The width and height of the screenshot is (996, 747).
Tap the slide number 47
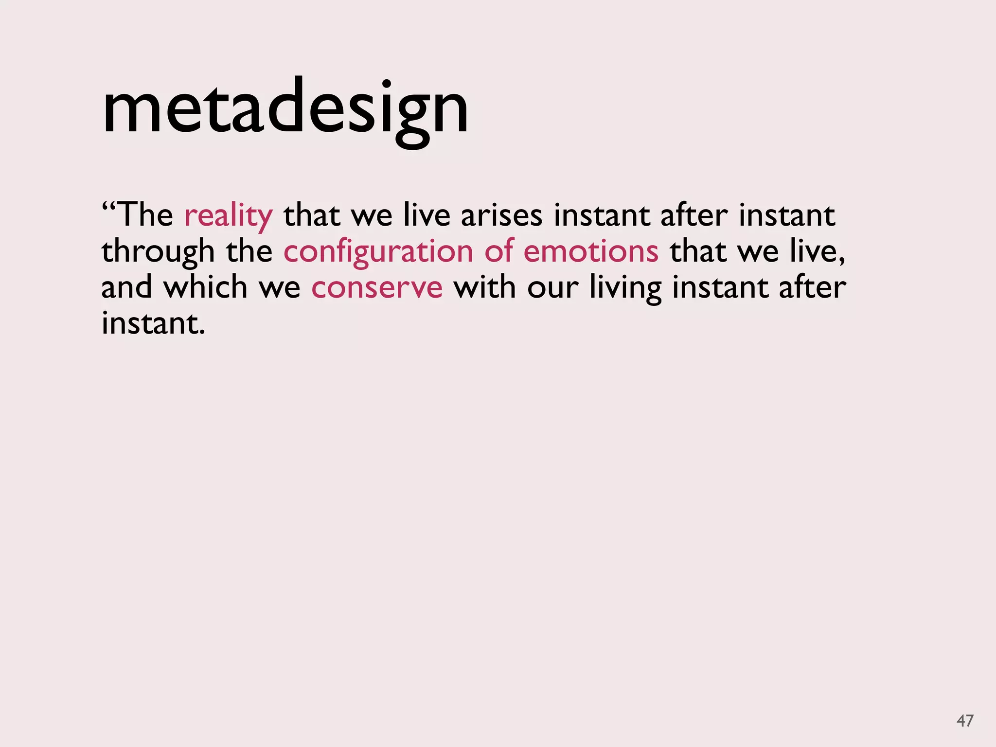click(965, 720)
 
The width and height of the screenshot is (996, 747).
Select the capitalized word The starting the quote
click(145, 214)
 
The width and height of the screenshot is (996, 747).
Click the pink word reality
click(229, 215)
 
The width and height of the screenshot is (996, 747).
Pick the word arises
click(501, 215)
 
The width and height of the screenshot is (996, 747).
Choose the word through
click(158, 252)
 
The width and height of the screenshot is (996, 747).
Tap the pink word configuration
click(378, 252)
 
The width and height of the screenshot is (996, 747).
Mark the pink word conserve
click(377, 287)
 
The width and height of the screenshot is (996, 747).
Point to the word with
click(484, 287)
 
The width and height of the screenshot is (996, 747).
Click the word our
click(553, 287)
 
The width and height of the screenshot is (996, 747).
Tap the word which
click(205, 287)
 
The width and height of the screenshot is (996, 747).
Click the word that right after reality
click(312, 215)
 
